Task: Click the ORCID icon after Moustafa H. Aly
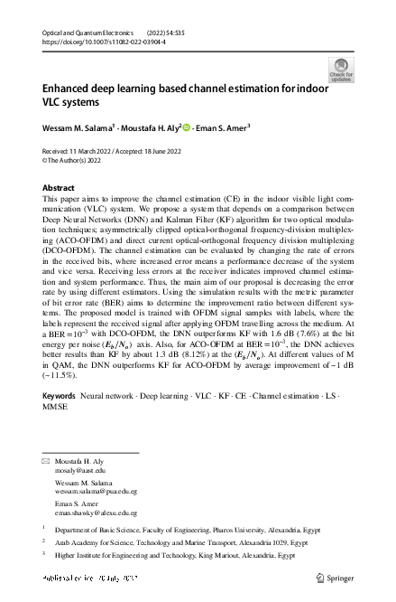(x=187, y=127)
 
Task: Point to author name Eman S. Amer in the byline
(x=223, y=127)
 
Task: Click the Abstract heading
(x=60, y=187)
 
